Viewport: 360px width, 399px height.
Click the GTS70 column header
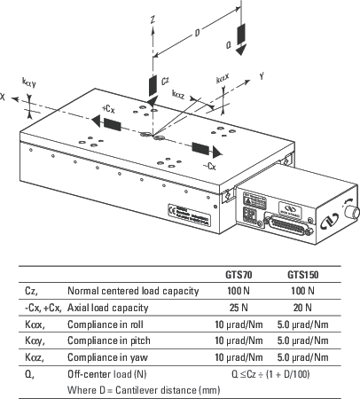click(x=239, y=275)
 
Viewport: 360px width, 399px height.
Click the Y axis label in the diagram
click(x=262, y=77)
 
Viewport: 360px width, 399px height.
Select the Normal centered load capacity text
click(x=133, y=290)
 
